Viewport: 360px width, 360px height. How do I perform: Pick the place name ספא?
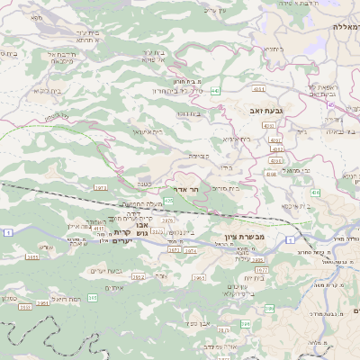(x=35, y=17)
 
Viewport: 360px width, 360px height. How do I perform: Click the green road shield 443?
(x=216, y=91)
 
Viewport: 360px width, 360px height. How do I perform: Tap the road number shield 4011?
(x=258, y=88)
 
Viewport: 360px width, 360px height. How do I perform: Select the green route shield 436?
(x=314, y=193)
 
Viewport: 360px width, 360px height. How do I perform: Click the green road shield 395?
(x=268, y=309)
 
